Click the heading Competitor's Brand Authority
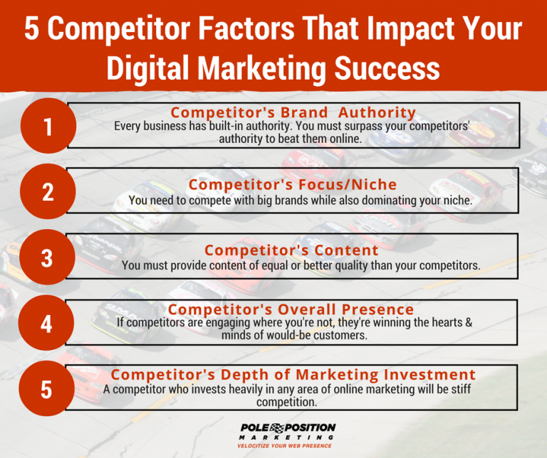[x=293, y=112]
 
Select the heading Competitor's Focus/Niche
[x=293, y=185]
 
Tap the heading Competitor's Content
[x=291, y=250]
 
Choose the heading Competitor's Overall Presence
[x=291, y=309]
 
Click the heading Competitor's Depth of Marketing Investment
[x=293, y=375]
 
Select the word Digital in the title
[x=147, y=68]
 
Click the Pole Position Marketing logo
[x=288, y=431]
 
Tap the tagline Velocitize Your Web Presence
[x=288, y=445]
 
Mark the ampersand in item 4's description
[x=468, y=323]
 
